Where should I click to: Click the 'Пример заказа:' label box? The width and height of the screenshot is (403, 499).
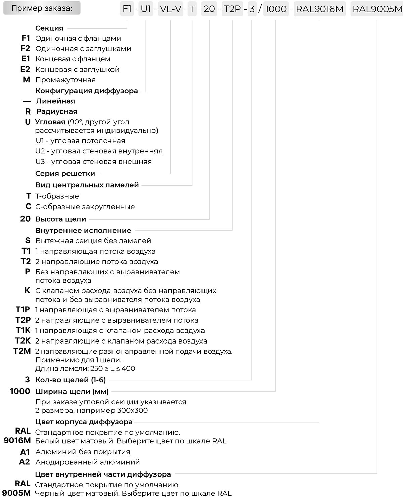click(x=42, y=8)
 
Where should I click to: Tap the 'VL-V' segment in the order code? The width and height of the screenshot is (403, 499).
click(x=171, y=9)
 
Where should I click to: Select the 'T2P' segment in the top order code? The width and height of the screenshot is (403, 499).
click(x=232, y=9)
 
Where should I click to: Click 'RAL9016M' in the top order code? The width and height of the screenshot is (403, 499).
click(x=319, y=9)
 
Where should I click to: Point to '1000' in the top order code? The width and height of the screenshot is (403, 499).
click(x=276, y=9)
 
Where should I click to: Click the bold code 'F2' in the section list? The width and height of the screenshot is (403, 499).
click(x=25, y=49)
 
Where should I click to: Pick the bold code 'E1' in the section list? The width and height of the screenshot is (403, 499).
click(x=26, y=59)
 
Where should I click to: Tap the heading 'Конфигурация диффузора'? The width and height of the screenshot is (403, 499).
click(x=87, y=91)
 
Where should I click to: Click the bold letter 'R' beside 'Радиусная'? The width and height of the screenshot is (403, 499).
click(x=28, y=111)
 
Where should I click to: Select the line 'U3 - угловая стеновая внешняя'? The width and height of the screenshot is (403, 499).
click(x=93, y=162)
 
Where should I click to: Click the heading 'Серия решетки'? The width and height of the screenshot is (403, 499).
click(x=65, y=174)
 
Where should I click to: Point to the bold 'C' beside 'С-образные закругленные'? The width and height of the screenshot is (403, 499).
click(x=28, y=207)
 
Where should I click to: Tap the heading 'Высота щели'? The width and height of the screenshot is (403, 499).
click(x=61, y=219)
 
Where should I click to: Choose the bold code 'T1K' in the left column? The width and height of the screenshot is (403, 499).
click(x=23, y=330)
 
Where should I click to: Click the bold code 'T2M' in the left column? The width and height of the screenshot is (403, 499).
click(x=22, y=351)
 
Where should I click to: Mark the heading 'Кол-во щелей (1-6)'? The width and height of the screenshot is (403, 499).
click(x=71, y=380)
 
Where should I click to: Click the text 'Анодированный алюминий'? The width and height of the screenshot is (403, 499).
click(x=87, y=462)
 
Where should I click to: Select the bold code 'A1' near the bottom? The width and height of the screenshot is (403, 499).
click(x=25, y=452)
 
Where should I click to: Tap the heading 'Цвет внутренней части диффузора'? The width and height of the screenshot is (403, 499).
click(x=103, y=474)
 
